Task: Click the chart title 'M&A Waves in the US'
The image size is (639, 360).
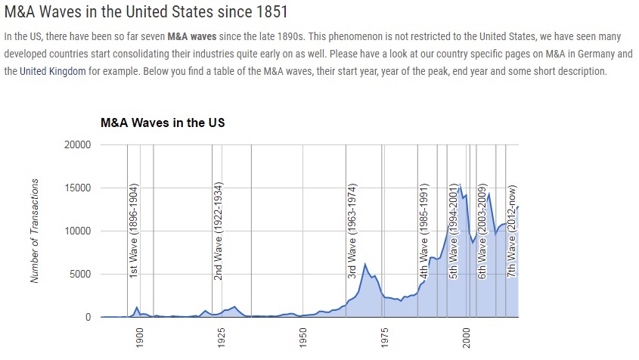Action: (163, 122)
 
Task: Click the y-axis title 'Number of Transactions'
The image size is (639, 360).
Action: (35, 231)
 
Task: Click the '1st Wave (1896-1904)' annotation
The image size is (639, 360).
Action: (133, 229)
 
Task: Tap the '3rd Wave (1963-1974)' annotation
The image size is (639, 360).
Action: (352, 229)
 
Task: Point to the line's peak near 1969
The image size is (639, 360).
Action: (365, 264)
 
